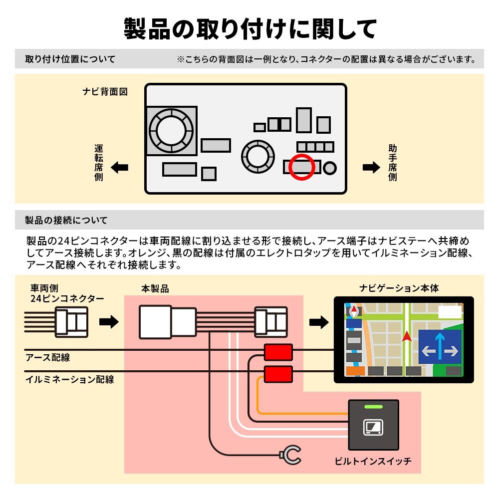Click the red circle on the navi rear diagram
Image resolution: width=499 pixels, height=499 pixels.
(302, 167)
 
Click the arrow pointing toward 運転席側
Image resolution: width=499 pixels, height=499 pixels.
(120, 168)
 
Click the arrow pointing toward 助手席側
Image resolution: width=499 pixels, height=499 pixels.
(371, 168)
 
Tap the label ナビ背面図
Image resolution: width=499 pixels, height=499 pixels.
(105, 92)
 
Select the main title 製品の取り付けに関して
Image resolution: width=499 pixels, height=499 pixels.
(249, 29)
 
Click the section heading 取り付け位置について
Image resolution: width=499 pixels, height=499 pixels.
(70, 59)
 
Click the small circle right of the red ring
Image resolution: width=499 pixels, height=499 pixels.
(330, 168)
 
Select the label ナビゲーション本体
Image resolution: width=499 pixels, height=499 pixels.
(399, 288)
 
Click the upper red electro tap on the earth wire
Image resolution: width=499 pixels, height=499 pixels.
(278, 352)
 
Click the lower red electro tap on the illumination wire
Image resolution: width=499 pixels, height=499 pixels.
(278, 373)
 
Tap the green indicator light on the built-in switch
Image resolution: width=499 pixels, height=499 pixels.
(374, 407)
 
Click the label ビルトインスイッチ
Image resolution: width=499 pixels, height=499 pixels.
(373, 462)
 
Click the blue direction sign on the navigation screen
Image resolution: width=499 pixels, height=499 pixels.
(440, 346)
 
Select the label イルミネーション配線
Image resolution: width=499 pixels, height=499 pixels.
(69, 380)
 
